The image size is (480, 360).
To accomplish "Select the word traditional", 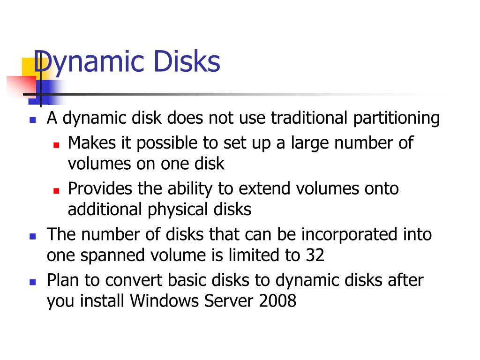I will [309, 118].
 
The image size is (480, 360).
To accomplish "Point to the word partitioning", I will [396, 118].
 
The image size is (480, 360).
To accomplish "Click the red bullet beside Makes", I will [56, 144].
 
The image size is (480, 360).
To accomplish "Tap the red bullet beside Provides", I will [56, 190].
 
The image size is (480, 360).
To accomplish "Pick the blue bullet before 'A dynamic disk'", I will [32, 120].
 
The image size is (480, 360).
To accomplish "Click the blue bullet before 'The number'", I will [32, 236].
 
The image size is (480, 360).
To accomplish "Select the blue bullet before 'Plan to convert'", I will [32, 282].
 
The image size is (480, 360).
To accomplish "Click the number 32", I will [315, 255].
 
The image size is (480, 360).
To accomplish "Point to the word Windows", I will [165, 301].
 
